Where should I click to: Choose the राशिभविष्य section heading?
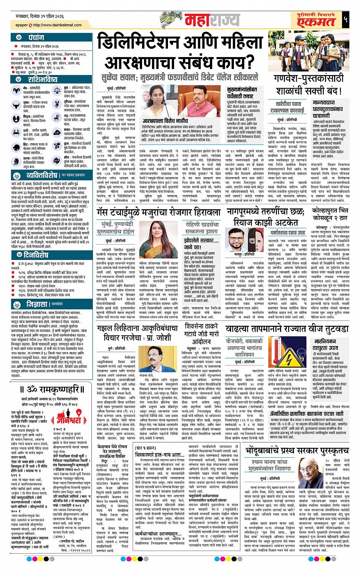[42, 79]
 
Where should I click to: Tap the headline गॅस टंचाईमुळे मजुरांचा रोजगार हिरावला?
[158, 212]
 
